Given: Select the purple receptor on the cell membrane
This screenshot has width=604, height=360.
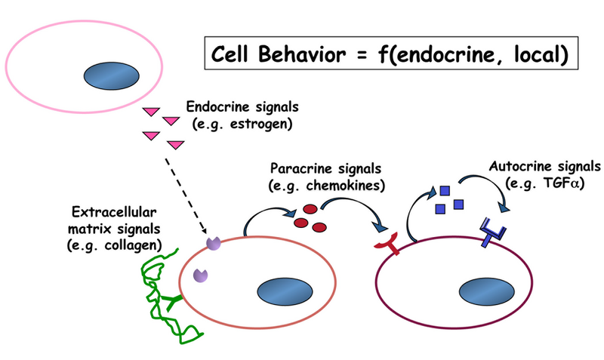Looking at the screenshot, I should tap(214, 242).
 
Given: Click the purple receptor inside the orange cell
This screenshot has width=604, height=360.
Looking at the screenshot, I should tap(200, 275).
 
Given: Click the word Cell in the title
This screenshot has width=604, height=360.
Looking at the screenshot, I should tap(234, 54).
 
